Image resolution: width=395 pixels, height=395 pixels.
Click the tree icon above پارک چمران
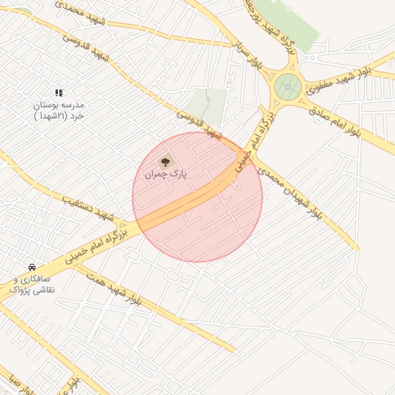pos(164,163)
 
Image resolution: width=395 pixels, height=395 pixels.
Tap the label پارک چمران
pos(166,176)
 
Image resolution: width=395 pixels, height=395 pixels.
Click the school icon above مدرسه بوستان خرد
pos(59,93)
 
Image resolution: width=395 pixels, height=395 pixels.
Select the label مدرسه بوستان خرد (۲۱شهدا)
pos(58,110)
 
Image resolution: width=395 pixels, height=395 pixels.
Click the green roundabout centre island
pos(288,87)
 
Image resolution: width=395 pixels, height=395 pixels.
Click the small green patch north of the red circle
pos(208,104)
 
